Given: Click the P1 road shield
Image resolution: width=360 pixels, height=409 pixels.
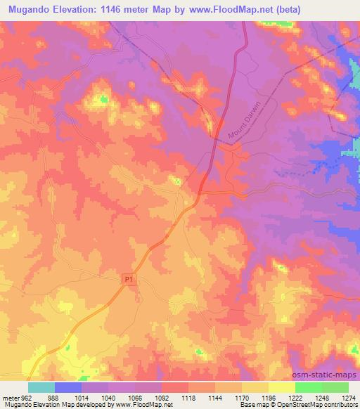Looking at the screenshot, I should pyautogui.click(x=127, y=279).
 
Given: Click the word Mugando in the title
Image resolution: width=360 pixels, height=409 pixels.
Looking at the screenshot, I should pyautogui.click(x=32, y=9).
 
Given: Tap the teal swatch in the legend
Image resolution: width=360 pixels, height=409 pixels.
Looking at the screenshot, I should pyautogui.click(x=41, y=387).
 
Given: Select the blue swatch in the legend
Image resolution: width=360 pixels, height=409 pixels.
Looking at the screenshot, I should pyautogui.click(x=68, y=387).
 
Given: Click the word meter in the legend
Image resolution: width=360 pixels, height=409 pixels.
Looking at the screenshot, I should pyautogui.click(x=8, y=398).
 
